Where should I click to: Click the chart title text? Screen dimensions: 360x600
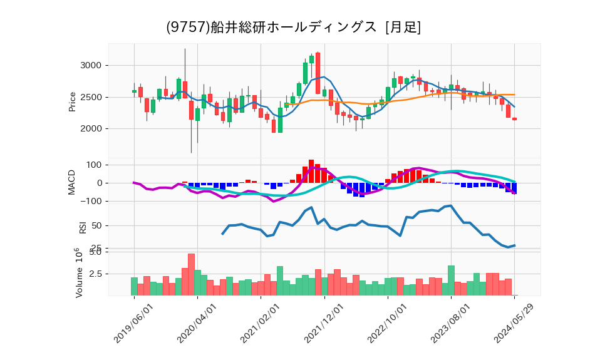click(293, 27)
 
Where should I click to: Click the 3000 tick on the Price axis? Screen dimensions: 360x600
click(92, 65)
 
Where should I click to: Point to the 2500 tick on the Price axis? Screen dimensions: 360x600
click(92, 97)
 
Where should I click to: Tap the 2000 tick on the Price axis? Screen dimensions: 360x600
click(92, 129)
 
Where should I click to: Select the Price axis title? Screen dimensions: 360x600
click(73, 101)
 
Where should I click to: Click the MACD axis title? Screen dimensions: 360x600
click(73, 182)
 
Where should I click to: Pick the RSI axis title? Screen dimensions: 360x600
click(83, 226)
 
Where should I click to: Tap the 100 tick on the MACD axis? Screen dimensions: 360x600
click(94, 165)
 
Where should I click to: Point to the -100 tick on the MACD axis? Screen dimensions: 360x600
click(91, 202)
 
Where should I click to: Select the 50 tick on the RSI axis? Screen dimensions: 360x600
click(96, 225)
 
